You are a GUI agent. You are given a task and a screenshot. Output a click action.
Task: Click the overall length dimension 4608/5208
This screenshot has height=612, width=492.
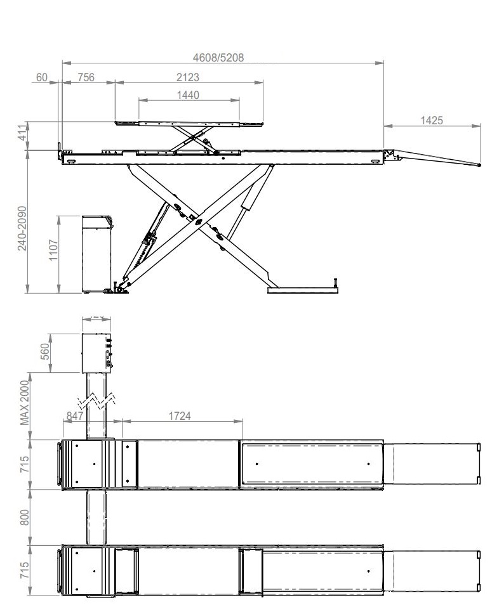coord(218,58)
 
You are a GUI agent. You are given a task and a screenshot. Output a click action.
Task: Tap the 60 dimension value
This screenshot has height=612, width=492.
coord(42,77)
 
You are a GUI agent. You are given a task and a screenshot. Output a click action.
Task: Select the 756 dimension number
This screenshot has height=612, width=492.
coord(86,77)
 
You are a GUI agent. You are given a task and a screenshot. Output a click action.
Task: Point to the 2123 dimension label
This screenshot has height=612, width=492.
coord(187,77)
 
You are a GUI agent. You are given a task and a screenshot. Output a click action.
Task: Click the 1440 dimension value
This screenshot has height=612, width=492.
coord(188,95)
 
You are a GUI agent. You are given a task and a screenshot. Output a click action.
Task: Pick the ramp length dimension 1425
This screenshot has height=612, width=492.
coord(432,120)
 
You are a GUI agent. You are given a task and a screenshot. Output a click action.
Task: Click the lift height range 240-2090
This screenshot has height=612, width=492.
coord(22,228)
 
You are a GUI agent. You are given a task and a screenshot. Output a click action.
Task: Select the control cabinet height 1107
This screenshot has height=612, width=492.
coord(53,250)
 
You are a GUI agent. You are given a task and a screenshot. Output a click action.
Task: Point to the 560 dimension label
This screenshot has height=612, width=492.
coord(45,352)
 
